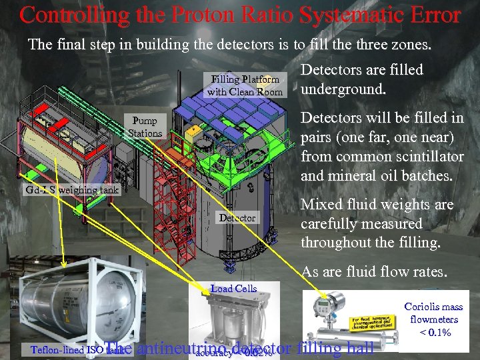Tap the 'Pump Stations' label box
point(145,127)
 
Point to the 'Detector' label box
point(237,217)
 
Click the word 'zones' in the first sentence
point(412,45)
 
